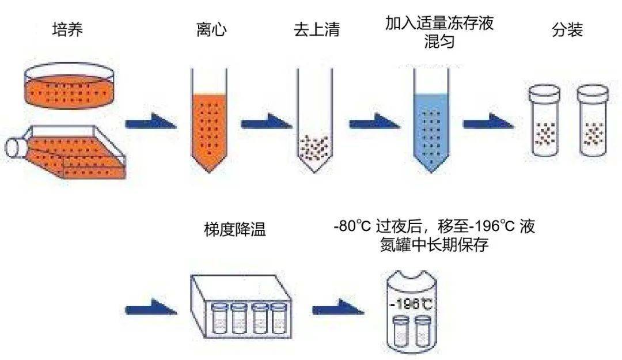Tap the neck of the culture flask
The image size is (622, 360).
(x=16, y=147)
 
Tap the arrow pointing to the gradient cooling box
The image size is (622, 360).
(x=150, y=306)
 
